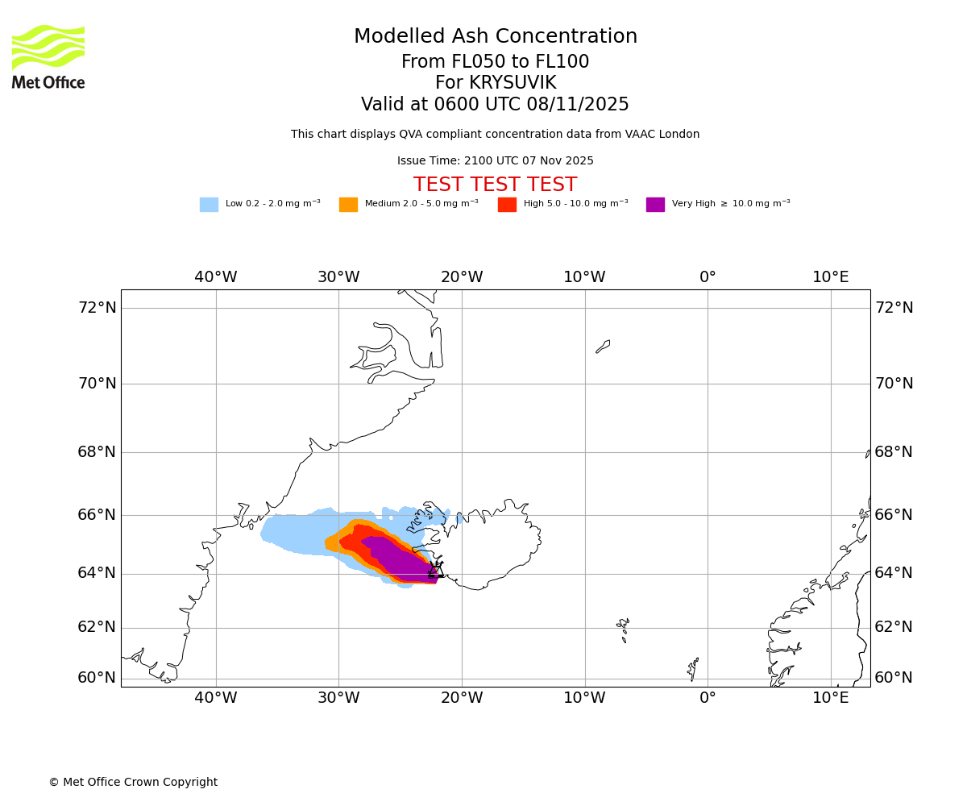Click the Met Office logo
click(48, 56)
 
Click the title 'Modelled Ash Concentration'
click(496, 37)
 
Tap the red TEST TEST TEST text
click(495, 185)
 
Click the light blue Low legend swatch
click(209, 205)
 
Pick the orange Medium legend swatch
click(348, 205)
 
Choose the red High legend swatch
click(507, 205)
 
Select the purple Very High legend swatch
click(655, 205)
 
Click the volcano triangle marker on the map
click(436, 571)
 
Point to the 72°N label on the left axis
click(97, 308)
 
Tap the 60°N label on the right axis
click(894, 678)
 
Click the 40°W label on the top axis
click(216, 277)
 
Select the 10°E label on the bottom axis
click(831, 697)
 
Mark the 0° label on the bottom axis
click(708, 697)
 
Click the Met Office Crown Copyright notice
click(133, 783)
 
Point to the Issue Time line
click(495, 161)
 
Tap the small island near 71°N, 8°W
click(603, 347)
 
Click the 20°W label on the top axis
click(462, 277)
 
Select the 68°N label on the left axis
click(97, 452)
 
